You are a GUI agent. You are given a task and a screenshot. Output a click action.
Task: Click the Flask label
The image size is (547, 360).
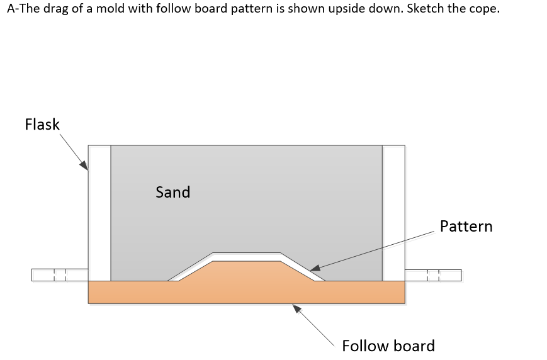pos(42,124)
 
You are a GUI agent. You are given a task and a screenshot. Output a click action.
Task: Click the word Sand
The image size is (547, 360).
pos(172,192)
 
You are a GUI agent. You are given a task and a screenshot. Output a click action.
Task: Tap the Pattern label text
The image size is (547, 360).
pos(466,226)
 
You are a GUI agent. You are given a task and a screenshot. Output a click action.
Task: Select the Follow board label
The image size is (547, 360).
pos(388,346)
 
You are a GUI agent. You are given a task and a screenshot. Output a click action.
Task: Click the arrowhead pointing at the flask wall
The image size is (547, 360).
pos(84,165)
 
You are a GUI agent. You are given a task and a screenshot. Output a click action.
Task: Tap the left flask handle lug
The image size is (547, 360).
pos(59,275)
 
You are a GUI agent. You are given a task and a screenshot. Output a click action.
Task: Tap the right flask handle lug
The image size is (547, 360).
pos(433,275)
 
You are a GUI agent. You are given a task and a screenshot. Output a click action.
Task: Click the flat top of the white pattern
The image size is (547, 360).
pos(245,256)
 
